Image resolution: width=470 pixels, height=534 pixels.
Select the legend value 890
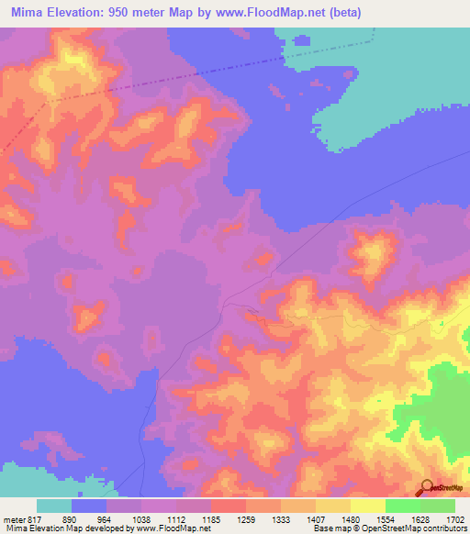[70, 518]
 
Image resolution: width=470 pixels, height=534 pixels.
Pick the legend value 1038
[140, 518]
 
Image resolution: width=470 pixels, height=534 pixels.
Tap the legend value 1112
[176, 518]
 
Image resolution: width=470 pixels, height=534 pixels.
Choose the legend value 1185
[211, 518]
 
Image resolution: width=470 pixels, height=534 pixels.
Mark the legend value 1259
[246, 518]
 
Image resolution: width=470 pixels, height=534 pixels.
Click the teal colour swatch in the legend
[54, 506]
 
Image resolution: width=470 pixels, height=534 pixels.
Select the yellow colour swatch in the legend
[368, 506]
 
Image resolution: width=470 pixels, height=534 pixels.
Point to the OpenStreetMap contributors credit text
[386, 529]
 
